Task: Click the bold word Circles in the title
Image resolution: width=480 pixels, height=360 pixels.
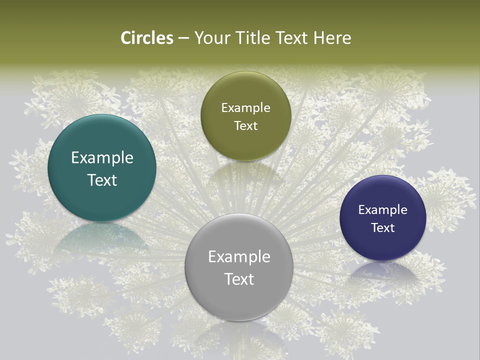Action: point(147,38)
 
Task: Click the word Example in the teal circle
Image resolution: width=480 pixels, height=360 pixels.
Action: point(102,158)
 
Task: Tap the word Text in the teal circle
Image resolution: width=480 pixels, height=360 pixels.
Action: point(102,180)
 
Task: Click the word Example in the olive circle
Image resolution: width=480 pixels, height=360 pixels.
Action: point(245,108)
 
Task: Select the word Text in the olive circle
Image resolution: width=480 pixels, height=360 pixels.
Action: point(245,125)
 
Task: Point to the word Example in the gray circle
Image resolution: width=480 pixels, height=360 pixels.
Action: point(239,257)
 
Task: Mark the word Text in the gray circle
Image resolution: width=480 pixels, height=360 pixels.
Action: point(239,279)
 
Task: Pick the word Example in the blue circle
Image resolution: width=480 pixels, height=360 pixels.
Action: point(383,210)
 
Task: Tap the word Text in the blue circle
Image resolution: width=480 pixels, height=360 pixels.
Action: point(383,227)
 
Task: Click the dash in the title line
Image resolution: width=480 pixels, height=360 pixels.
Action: point(183,38)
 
